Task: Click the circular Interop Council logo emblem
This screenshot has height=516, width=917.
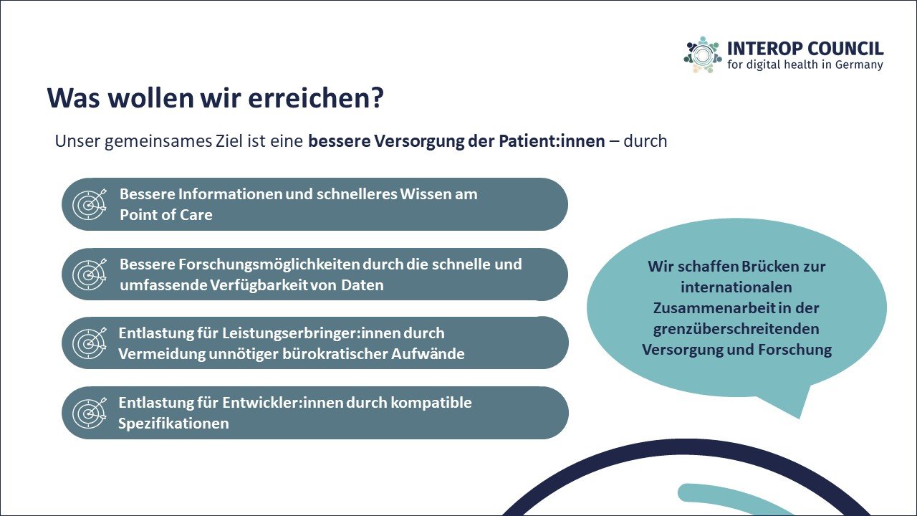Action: (703, 55)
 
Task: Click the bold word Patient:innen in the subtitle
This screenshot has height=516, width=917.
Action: (552, 141)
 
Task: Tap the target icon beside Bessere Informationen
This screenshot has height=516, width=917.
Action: (90, 204)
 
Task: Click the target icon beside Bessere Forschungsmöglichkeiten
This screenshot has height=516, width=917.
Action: (90, 274)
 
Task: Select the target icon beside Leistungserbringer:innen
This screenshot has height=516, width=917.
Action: (90, 343)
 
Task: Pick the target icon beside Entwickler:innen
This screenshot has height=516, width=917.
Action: (90, 413)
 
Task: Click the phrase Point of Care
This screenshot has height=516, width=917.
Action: (166, 215)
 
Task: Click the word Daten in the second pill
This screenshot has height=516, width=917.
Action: (363, 285)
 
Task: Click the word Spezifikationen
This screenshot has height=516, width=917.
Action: (173, 424)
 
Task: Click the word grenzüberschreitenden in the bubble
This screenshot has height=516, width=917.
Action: (736, 329)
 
